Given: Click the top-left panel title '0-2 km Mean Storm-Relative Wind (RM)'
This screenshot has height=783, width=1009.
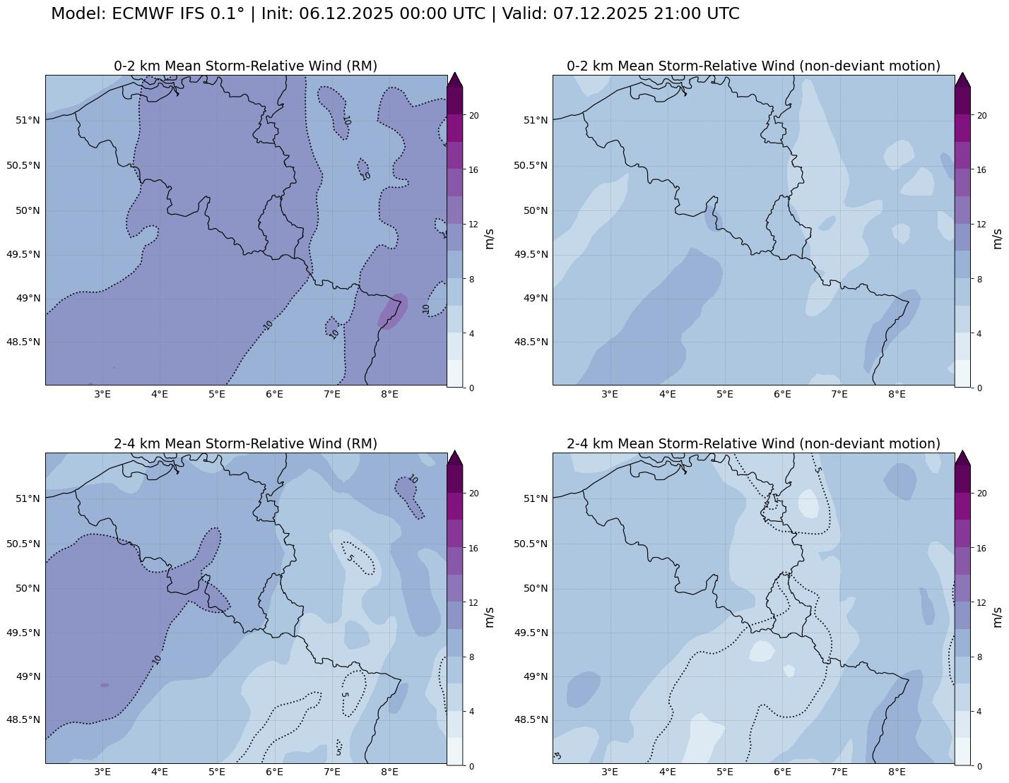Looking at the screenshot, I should point(245,66).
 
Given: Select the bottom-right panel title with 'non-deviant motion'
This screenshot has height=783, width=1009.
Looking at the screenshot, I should point(753,443).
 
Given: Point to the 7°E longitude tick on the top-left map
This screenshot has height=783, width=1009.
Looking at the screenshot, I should point(332,394).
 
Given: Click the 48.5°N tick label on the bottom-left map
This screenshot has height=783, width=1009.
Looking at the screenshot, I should point(23,720).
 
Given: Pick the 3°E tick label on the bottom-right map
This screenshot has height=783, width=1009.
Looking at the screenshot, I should point(610,772).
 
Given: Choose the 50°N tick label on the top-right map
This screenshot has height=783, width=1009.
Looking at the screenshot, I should point(535,210).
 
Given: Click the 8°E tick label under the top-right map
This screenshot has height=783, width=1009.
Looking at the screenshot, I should point(897,394).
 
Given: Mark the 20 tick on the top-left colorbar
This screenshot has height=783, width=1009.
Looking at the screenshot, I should point(475,116).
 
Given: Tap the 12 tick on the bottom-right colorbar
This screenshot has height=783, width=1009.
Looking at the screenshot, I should point(981,602).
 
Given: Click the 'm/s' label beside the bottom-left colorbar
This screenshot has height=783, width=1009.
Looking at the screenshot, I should point(489,616).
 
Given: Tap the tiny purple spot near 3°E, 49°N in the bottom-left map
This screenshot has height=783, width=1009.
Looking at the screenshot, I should point(105,685).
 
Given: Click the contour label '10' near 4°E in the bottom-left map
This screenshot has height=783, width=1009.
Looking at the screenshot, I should point(157,659).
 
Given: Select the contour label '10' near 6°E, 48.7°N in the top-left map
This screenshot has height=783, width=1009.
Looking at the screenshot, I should point(268,325).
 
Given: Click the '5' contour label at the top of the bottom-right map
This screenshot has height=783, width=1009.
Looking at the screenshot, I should point(818,468).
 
